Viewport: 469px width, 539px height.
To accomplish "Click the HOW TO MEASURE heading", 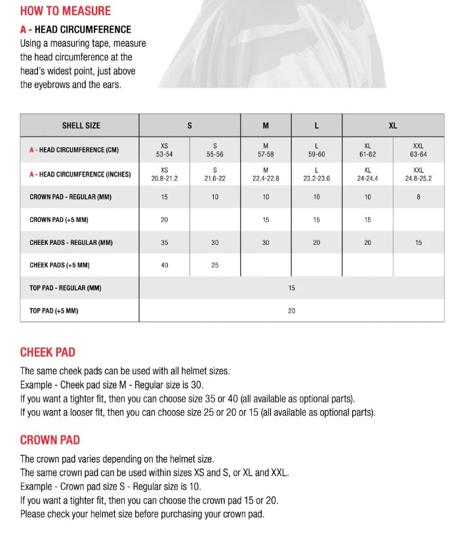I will tap(66, 11).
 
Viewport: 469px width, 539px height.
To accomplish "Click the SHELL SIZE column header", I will tap(81, 125).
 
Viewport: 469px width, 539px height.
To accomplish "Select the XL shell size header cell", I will tap(392, 125).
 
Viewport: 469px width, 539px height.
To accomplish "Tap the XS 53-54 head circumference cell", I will tap(164, 150).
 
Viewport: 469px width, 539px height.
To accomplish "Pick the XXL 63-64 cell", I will tap(418, 150).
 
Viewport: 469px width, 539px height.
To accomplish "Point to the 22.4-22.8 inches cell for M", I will tap(266, 174).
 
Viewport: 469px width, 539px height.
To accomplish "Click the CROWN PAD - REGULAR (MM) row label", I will tap(75, 197).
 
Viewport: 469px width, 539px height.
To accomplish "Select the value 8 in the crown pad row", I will tap(418, 197).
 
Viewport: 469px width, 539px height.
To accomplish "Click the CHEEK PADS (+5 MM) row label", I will tap(60, 265).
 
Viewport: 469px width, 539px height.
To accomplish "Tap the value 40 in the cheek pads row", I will tap(164, 265).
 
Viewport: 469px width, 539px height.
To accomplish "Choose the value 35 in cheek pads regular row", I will tap(164, 243).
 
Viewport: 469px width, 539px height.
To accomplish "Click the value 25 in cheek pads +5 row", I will tap(215, 265).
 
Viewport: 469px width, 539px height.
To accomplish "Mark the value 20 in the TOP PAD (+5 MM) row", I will tap(291, 311).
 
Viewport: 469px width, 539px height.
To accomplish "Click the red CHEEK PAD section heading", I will tap(48, 353).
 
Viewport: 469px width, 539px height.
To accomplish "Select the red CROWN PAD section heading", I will tap(50, 440).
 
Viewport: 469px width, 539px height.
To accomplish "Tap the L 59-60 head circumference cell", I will tap(316, 150).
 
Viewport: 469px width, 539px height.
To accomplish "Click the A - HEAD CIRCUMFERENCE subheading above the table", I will tap(75, 30).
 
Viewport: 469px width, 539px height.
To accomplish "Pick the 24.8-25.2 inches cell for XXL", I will tap(418, 174).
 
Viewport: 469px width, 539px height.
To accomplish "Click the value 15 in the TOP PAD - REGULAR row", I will tap(291, 288).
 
